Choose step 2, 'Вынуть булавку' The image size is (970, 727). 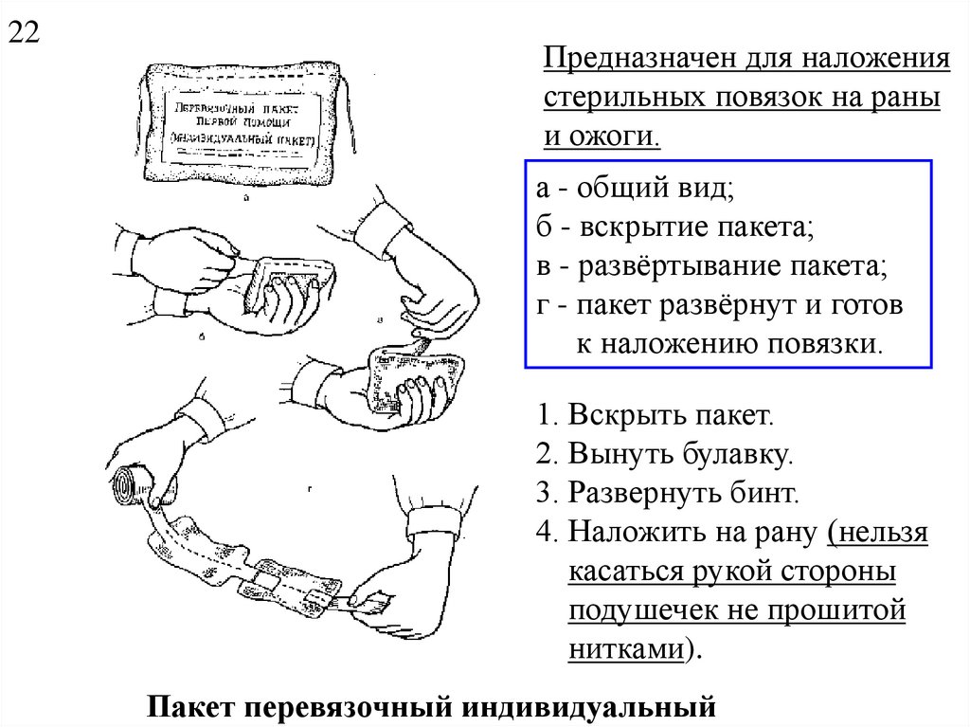[x=663, y=455]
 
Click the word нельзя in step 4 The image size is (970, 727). [x=880, y=533]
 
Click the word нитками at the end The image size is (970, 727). [x=627, y=649]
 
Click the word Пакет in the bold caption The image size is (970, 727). [x=192, y=706]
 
